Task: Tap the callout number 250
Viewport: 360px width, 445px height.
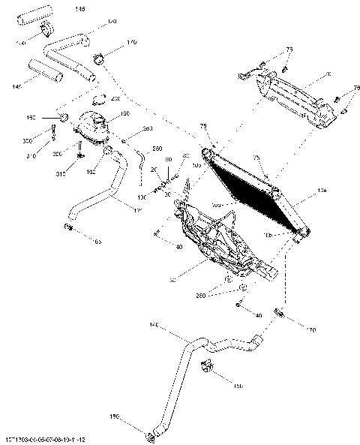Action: click(x=157, y=149)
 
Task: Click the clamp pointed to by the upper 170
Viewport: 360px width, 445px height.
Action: click(x=99, y=57)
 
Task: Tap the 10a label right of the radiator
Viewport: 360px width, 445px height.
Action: click(x=322, y=193)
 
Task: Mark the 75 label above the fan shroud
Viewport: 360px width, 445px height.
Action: click(x=289, y=50)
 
